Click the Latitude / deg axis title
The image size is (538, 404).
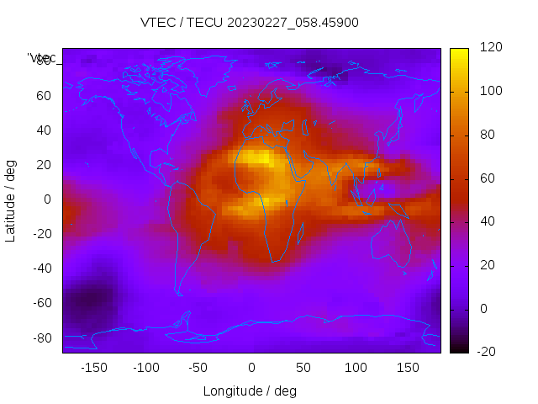tap(11, 199)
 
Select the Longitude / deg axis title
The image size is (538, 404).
tap(250, 391)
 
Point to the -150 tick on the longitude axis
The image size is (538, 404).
tap(94, 368)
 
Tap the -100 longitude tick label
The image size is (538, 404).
tap(146, 368)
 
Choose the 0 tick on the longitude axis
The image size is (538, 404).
tap(251, 368)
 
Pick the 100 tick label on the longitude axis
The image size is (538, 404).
tap(356, 368)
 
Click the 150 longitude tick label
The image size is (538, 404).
tap(408, 368)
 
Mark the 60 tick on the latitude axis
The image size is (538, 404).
tap(43, 95)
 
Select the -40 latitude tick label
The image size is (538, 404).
tap(40, 268)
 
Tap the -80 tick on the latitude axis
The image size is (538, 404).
tap(40, 338)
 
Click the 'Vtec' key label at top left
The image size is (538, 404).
tap(42, 58)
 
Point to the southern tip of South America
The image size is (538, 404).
tap(179, 292)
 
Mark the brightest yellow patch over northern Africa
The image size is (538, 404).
tap(258, 157)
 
